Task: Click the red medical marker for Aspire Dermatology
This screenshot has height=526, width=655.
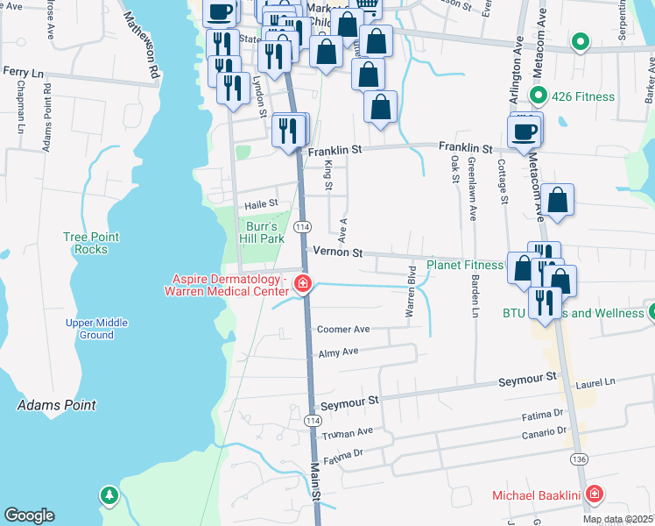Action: [x=303, y=283]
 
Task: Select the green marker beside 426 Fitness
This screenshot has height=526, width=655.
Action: [x=540, y=96]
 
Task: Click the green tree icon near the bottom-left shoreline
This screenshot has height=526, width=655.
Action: [x=109, y=496]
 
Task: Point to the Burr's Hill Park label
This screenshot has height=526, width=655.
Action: [x=262, y=232]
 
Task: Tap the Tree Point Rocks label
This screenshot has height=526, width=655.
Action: [x=85, y=243]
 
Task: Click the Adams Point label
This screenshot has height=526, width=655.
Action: [x=56, y=405]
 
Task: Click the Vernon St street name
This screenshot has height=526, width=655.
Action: [x=337, y=252]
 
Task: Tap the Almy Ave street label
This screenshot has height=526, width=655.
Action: [x=339, y=352]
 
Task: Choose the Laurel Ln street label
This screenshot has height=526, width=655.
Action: [x=595, y=382]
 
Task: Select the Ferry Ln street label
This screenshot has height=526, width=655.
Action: [x=23, y=71]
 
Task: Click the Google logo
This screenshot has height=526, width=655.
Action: [x=29, y=515]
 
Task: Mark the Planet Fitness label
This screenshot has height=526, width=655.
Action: [x=465, y=265]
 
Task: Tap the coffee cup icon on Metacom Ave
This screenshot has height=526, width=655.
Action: [x=525, y=131]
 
